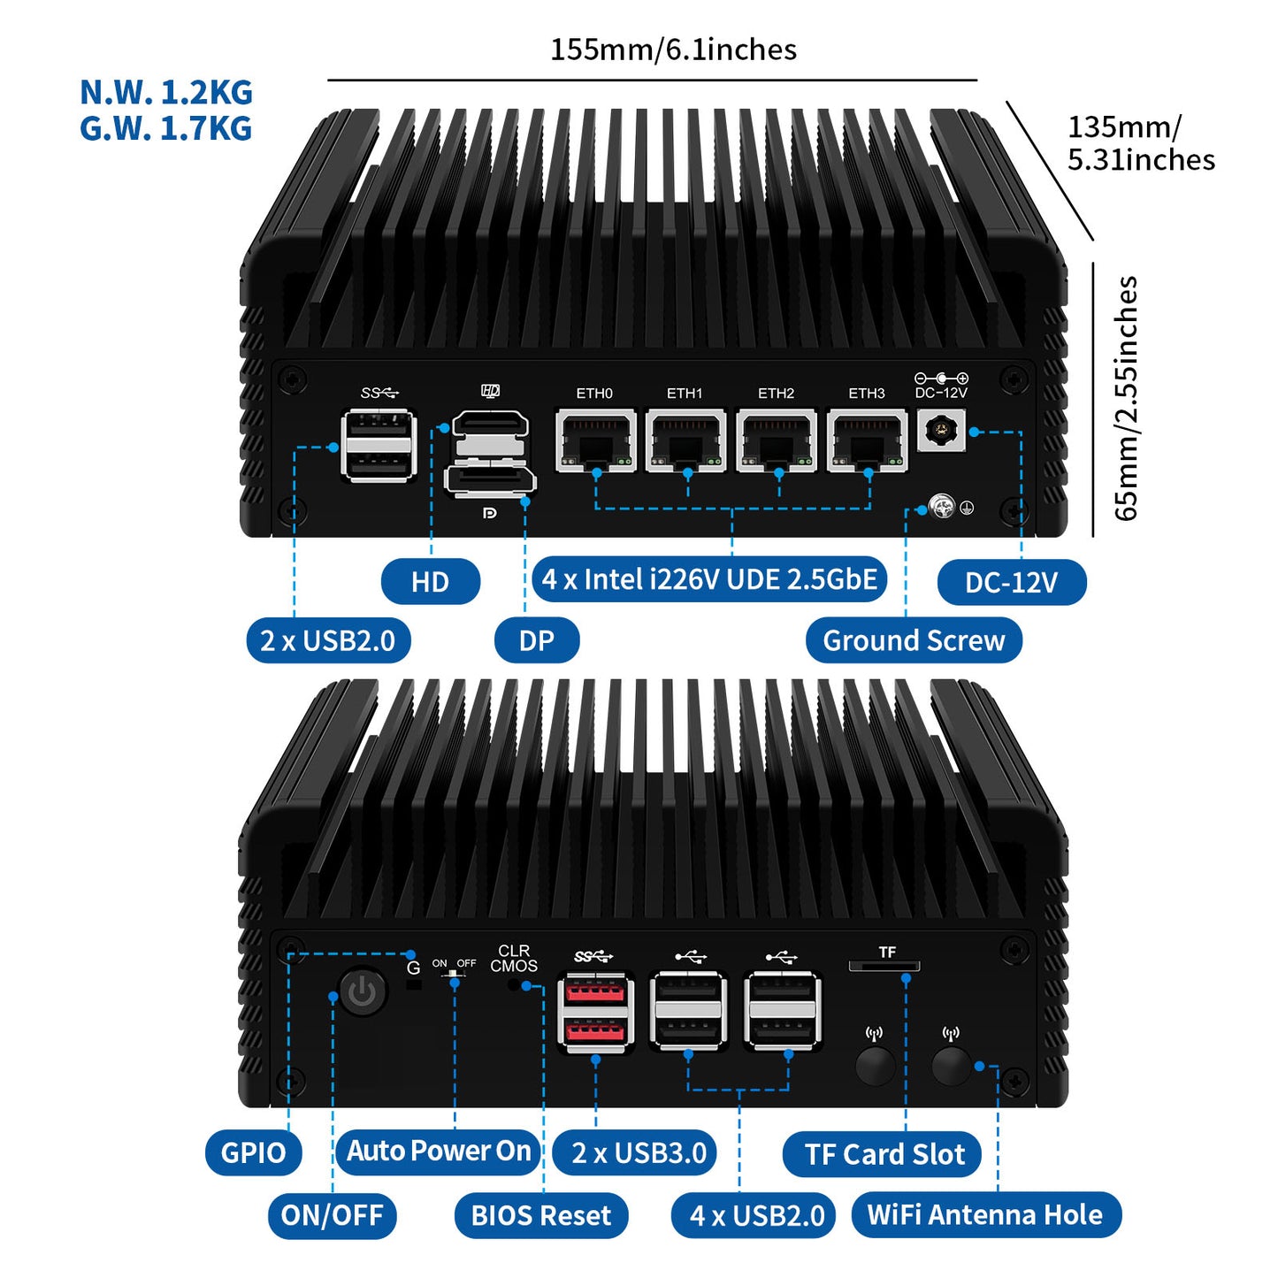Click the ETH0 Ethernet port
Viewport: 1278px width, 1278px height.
(595, 439)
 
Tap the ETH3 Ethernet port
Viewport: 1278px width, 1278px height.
(867, 439)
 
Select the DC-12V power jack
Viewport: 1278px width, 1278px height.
(941, 431)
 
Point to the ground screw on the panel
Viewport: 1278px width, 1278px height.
(943, 508)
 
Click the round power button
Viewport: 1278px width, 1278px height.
(363, 992)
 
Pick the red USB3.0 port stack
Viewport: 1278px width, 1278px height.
(595, 1012)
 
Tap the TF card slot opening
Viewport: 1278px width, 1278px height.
(884, 967)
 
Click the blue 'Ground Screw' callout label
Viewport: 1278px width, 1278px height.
(914, 640)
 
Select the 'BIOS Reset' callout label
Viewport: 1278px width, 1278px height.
(541, 1215)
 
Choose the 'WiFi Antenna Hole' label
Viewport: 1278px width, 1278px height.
(985, 1214)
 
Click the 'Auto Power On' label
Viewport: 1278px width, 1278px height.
(439, 1151)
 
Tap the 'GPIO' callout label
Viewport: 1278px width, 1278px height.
(253, 1152)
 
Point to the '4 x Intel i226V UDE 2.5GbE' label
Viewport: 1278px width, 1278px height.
(709, 580)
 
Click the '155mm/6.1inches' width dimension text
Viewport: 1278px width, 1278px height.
(673, 50)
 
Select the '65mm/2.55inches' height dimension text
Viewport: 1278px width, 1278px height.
(1126, 398)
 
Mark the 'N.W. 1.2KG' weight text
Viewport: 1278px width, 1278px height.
(166, 93)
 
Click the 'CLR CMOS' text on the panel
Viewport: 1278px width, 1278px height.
(514, 959)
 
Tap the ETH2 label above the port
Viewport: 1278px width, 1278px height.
(776, 394)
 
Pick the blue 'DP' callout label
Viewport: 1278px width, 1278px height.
(536, 640)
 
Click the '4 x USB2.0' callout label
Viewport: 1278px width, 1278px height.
(757, 1215)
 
